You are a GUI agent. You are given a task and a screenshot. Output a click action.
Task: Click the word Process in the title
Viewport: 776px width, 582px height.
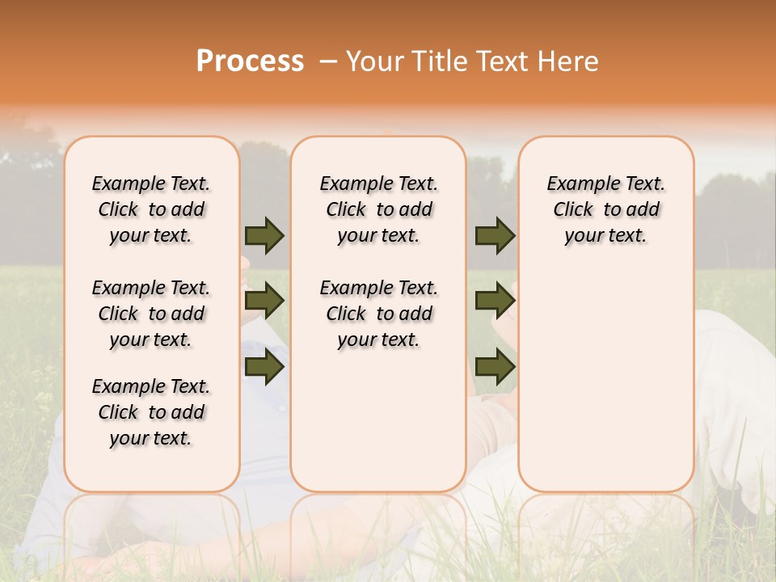250,61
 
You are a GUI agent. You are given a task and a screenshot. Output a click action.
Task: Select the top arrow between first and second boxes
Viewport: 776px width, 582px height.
264,236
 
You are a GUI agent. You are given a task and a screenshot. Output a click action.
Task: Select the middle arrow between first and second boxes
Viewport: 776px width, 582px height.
264,302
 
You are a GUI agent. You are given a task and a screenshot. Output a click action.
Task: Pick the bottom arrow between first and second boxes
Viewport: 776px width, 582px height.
264,366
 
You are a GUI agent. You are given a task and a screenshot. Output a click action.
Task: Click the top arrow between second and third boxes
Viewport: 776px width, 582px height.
495,236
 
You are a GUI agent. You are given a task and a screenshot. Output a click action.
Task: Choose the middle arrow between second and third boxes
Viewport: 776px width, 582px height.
495,302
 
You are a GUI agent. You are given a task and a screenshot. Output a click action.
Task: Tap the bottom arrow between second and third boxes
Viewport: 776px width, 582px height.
495,366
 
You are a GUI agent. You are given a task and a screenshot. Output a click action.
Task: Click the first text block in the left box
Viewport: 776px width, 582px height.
151,209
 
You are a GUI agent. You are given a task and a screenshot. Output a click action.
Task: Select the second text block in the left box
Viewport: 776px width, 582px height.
151,314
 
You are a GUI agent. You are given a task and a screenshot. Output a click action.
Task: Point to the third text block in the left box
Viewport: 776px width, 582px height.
151,412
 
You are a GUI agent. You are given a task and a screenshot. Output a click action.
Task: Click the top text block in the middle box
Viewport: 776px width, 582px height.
378,209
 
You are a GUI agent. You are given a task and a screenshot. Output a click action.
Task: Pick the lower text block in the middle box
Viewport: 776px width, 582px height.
378,314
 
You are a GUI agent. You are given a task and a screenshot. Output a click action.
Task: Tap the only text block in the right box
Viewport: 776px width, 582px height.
606,209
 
